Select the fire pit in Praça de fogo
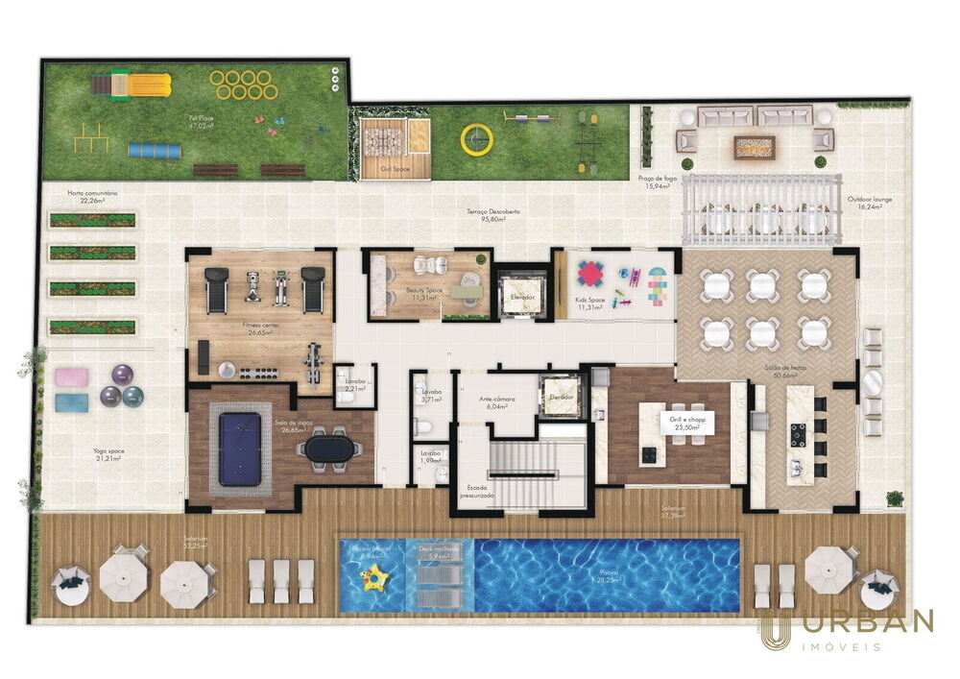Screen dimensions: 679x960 point(755,146)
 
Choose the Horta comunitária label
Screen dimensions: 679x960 point(92,195)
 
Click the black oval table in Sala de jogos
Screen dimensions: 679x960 point(330,448)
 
